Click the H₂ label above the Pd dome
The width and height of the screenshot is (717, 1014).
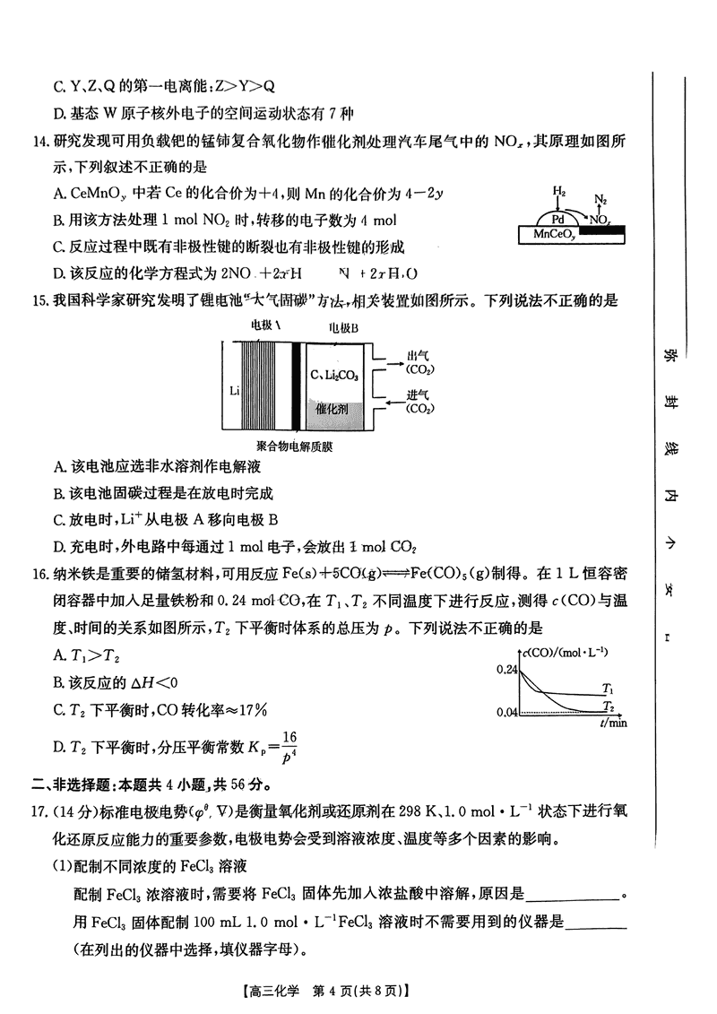(x=559, y=192)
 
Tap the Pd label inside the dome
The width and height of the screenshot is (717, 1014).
(x=557, y=219)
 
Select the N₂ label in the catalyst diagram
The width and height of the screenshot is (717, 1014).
(x=600, y=199)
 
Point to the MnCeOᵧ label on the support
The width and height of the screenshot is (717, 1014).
(x=553, y=234)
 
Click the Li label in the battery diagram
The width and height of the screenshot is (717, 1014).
(x=234, y=391)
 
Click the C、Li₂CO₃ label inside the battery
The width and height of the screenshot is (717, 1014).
(x=333, y=374)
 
